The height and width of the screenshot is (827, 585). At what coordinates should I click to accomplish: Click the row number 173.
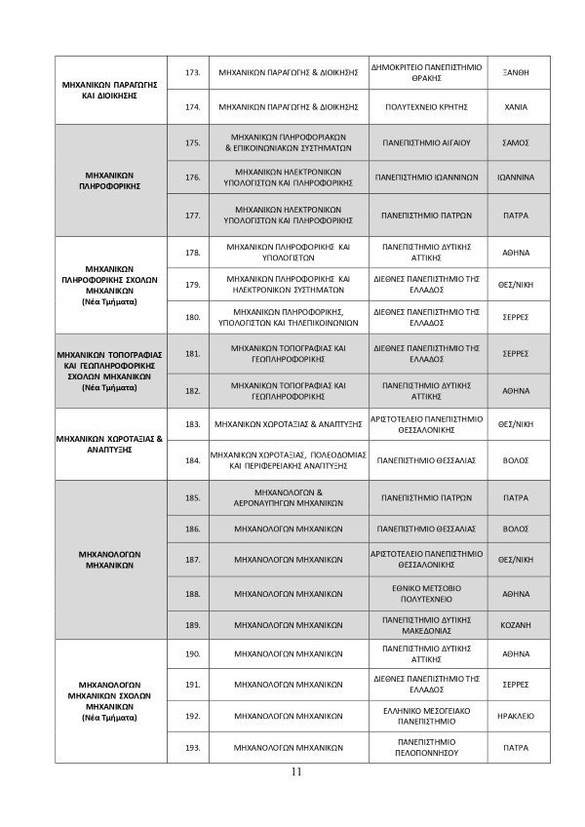coord(192,73)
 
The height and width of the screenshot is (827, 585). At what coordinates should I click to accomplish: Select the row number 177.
coord(192,216)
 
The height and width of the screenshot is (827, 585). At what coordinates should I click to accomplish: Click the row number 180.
coord(192,317)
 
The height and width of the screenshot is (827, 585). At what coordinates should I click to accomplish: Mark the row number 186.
coord(192,530)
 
